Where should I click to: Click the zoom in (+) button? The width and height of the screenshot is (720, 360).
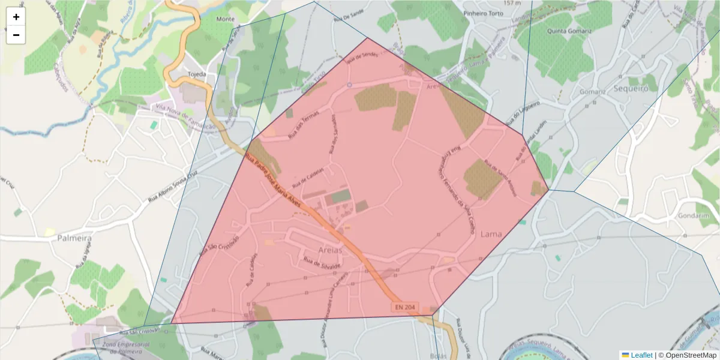coord(16,17)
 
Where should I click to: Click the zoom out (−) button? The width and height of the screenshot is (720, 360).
coord(16,35)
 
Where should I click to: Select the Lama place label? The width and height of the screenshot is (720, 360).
coord(491,235)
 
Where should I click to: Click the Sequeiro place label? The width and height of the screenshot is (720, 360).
coord(631,88)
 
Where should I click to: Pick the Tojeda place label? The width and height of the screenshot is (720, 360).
coord(197,74)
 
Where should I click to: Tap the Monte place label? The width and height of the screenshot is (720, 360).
coord(226,19)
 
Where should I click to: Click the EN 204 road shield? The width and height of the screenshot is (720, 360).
coord(404,307)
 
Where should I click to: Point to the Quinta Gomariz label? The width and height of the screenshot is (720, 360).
coord(569,31)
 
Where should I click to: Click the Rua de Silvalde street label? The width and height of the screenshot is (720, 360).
coord(322,263)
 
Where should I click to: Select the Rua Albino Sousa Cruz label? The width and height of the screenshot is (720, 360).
coord(173,188)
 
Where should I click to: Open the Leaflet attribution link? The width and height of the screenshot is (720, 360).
coord(641,355)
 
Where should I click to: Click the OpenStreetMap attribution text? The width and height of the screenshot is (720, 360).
coord(691,355)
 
